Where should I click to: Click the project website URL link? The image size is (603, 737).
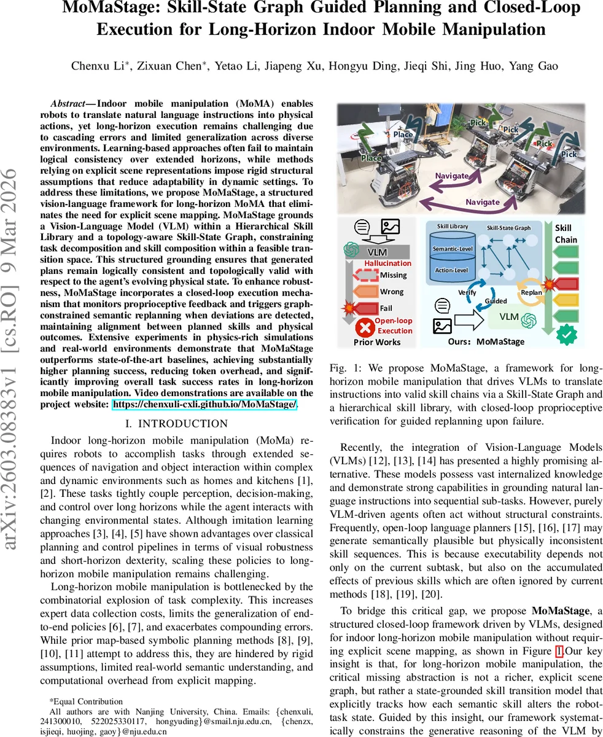(x=204, y=404)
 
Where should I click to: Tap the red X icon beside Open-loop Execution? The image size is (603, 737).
(x=366, y=326)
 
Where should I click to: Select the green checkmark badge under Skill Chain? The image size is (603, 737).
(x=566, y=335)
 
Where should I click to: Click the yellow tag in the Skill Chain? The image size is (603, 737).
(x=566, y=300)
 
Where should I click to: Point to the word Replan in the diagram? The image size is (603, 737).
(x=531, y=292)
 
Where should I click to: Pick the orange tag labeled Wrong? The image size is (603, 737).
(x=392, y=292)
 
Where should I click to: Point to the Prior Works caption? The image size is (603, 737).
(x=376, y=342)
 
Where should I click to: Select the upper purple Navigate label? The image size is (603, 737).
(x=452, y=176)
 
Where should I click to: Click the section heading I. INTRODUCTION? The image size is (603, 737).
(x=176, y=424)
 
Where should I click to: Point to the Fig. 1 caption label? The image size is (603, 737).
(x=342, y=368)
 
